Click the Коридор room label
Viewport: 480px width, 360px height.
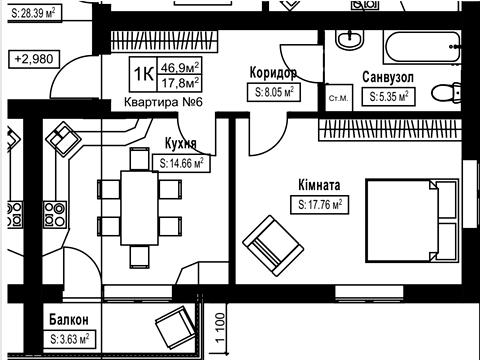point(273,73)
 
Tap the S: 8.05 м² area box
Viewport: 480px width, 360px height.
point(274,92)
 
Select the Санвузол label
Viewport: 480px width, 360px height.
point(388,77)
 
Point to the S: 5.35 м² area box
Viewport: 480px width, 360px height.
point(389,97)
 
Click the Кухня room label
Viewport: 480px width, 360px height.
point(181,143)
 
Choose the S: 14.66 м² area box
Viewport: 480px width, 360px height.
point(181,163)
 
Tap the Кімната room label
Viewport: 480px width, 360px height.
point(319,185)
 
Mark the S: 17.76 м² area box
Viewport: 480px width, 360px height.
point(320,204)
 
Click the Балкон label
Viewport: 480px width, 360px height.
point(69,320)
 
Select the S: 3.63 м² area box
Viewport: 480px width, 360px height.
point(70,339)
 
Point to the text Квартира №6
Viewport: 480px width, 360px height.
point(163,102)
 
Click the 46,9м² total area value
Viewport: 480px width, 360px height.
point(180,68)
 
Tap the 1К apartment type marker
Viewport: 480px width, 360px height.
point(144,74)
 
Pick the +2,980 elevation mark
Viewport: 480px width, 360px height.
point(34,59)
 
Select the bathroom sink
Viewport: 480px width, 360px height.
point(350,40)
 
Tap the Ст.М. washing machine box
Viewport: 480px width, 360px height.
point(339,98)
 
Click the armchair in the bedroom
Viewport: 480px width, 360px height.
point(273,245)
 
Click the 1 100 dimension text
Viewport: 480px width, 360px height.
point(220,328)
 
